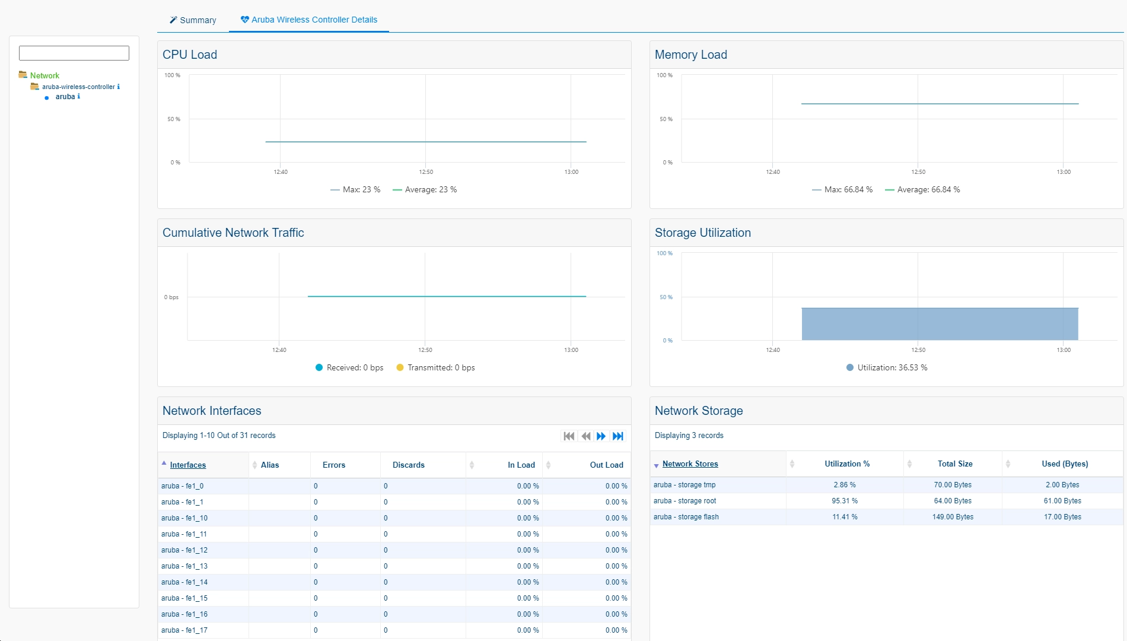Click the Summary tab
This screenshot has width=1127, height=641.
click(193, 20)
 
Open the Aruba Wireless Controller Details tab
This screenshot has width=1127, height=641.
click(309, 20)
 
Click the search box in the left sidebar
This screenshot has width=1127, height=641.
click(74, 53)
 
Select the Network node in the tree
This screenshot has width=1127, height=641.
click(44, 75)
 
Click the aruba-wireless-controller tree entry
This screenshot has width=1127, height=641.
click(78, 87)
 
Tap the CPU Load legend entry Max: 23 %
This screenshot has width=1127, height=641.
click(355, 190)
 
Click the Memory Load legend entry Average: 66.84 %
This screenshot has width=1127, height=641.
click(922, 190)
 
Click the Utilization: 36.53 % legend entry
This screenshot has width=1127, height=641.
click(887, 368)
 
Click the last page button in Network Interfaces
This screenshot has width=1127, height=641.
click(618, 436)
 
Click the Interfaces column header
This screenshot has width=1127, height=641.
click(188, 465)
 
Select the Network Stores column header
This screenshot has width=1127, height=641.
click(690, 464)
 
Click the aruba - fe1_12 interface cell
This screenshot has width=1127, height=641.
click(184, 550)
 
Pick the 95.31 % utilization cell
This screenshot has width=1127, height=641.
click(845, 501)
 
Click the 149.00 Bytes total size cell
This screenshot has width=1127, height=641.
click(953, 517)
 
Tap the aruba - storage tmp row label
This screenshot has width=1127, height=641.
click(685, 485)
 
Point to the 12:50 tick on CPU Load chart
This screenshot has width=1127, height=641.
click(426, 172)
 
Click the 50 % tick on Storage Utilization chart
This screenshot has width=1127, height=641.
click(666, 297)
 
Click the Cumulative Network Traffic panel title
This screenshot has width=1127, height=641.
click(233, 233)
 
